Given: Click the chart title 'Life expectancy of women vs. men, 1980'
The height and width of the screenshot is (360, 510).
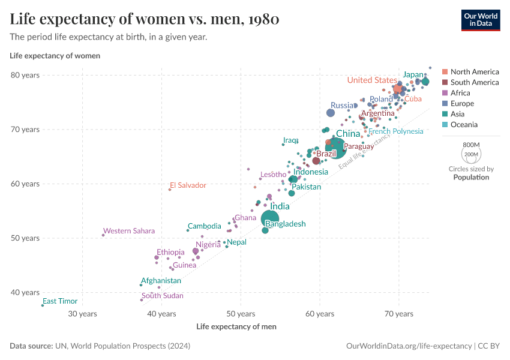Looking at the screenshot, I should pos(144,19).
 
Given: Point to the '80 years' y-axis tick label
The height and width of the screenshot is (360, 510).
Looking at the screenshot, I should pos(25,75).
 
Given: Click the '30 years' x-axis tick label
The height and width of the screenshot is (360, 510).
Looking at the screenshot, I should pos(82,314).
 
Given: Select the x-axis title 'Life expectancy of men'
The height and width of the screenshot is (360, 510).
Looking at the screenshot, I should pos(236,326).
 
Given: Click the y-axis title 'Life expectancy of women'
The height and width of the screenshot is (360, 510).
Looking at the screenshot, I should pos(55,56).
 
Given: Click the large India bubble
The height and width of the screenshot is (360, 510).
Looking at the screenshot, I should pos(270,219).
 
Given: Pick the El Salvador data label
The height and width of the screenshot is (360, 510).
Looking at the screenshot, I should pos(188,185).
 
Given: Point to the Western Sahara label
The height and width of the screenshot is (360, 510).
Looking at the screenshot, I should pos(128,231).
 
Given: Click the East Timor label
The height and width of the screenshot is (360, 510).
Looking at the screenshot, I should pos(60,301).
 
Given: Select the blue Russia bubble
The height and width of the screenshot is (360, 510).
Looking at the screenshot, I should pos(330,113).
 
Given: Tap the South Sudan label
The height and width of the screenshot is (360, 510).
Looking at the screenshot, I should pos(162,296).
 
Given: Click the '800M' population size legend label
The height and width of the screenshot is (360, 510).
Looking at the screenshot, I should pos(471,145).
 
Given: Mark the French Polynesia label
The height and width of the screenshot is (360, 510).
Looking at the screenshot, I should pos(395,131).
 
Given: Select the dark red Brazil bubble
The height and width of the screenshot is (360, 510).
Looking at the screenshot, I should pos(316,160).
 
